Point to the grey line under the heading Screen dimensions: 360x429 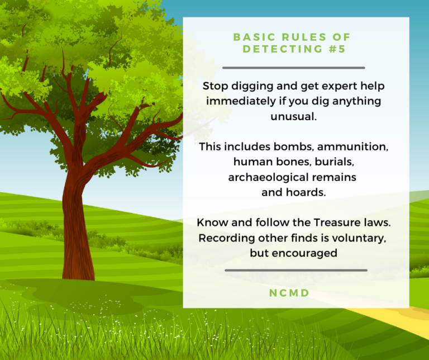293,68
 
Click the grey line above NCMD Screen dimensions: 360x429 295,270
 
